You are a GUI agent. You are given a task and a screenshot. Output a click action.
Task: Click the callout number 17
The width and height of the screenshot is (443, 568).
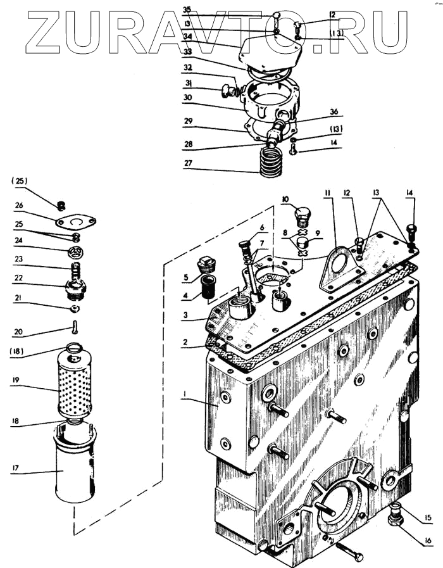(15, 468)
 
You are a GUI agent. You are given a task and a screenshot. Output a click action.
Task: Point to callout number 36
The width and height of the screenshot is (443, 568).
(334, 111)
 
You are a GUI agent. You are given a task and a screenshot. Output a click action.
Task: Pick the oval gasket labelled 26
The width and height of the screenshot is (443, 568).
(76, 222)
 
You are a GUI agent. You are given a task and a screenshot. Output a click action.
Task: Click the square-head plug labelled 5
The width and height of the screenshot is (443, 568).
(206, 265)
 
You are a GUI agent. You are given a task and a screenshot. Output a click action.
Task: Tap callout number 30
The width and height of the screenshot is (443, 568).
(187, 98)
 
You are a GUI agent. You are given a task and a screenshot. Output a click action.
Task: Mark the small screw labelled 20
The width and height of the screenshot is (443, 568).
(75, 327)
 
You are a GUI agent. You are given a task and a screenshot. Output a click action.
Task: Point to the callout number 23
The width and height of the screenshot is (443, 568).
(18, 259)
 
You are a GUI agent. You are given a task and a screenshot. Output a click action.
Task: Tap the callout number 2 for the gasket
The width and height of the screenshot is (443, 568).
(185, 341)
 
